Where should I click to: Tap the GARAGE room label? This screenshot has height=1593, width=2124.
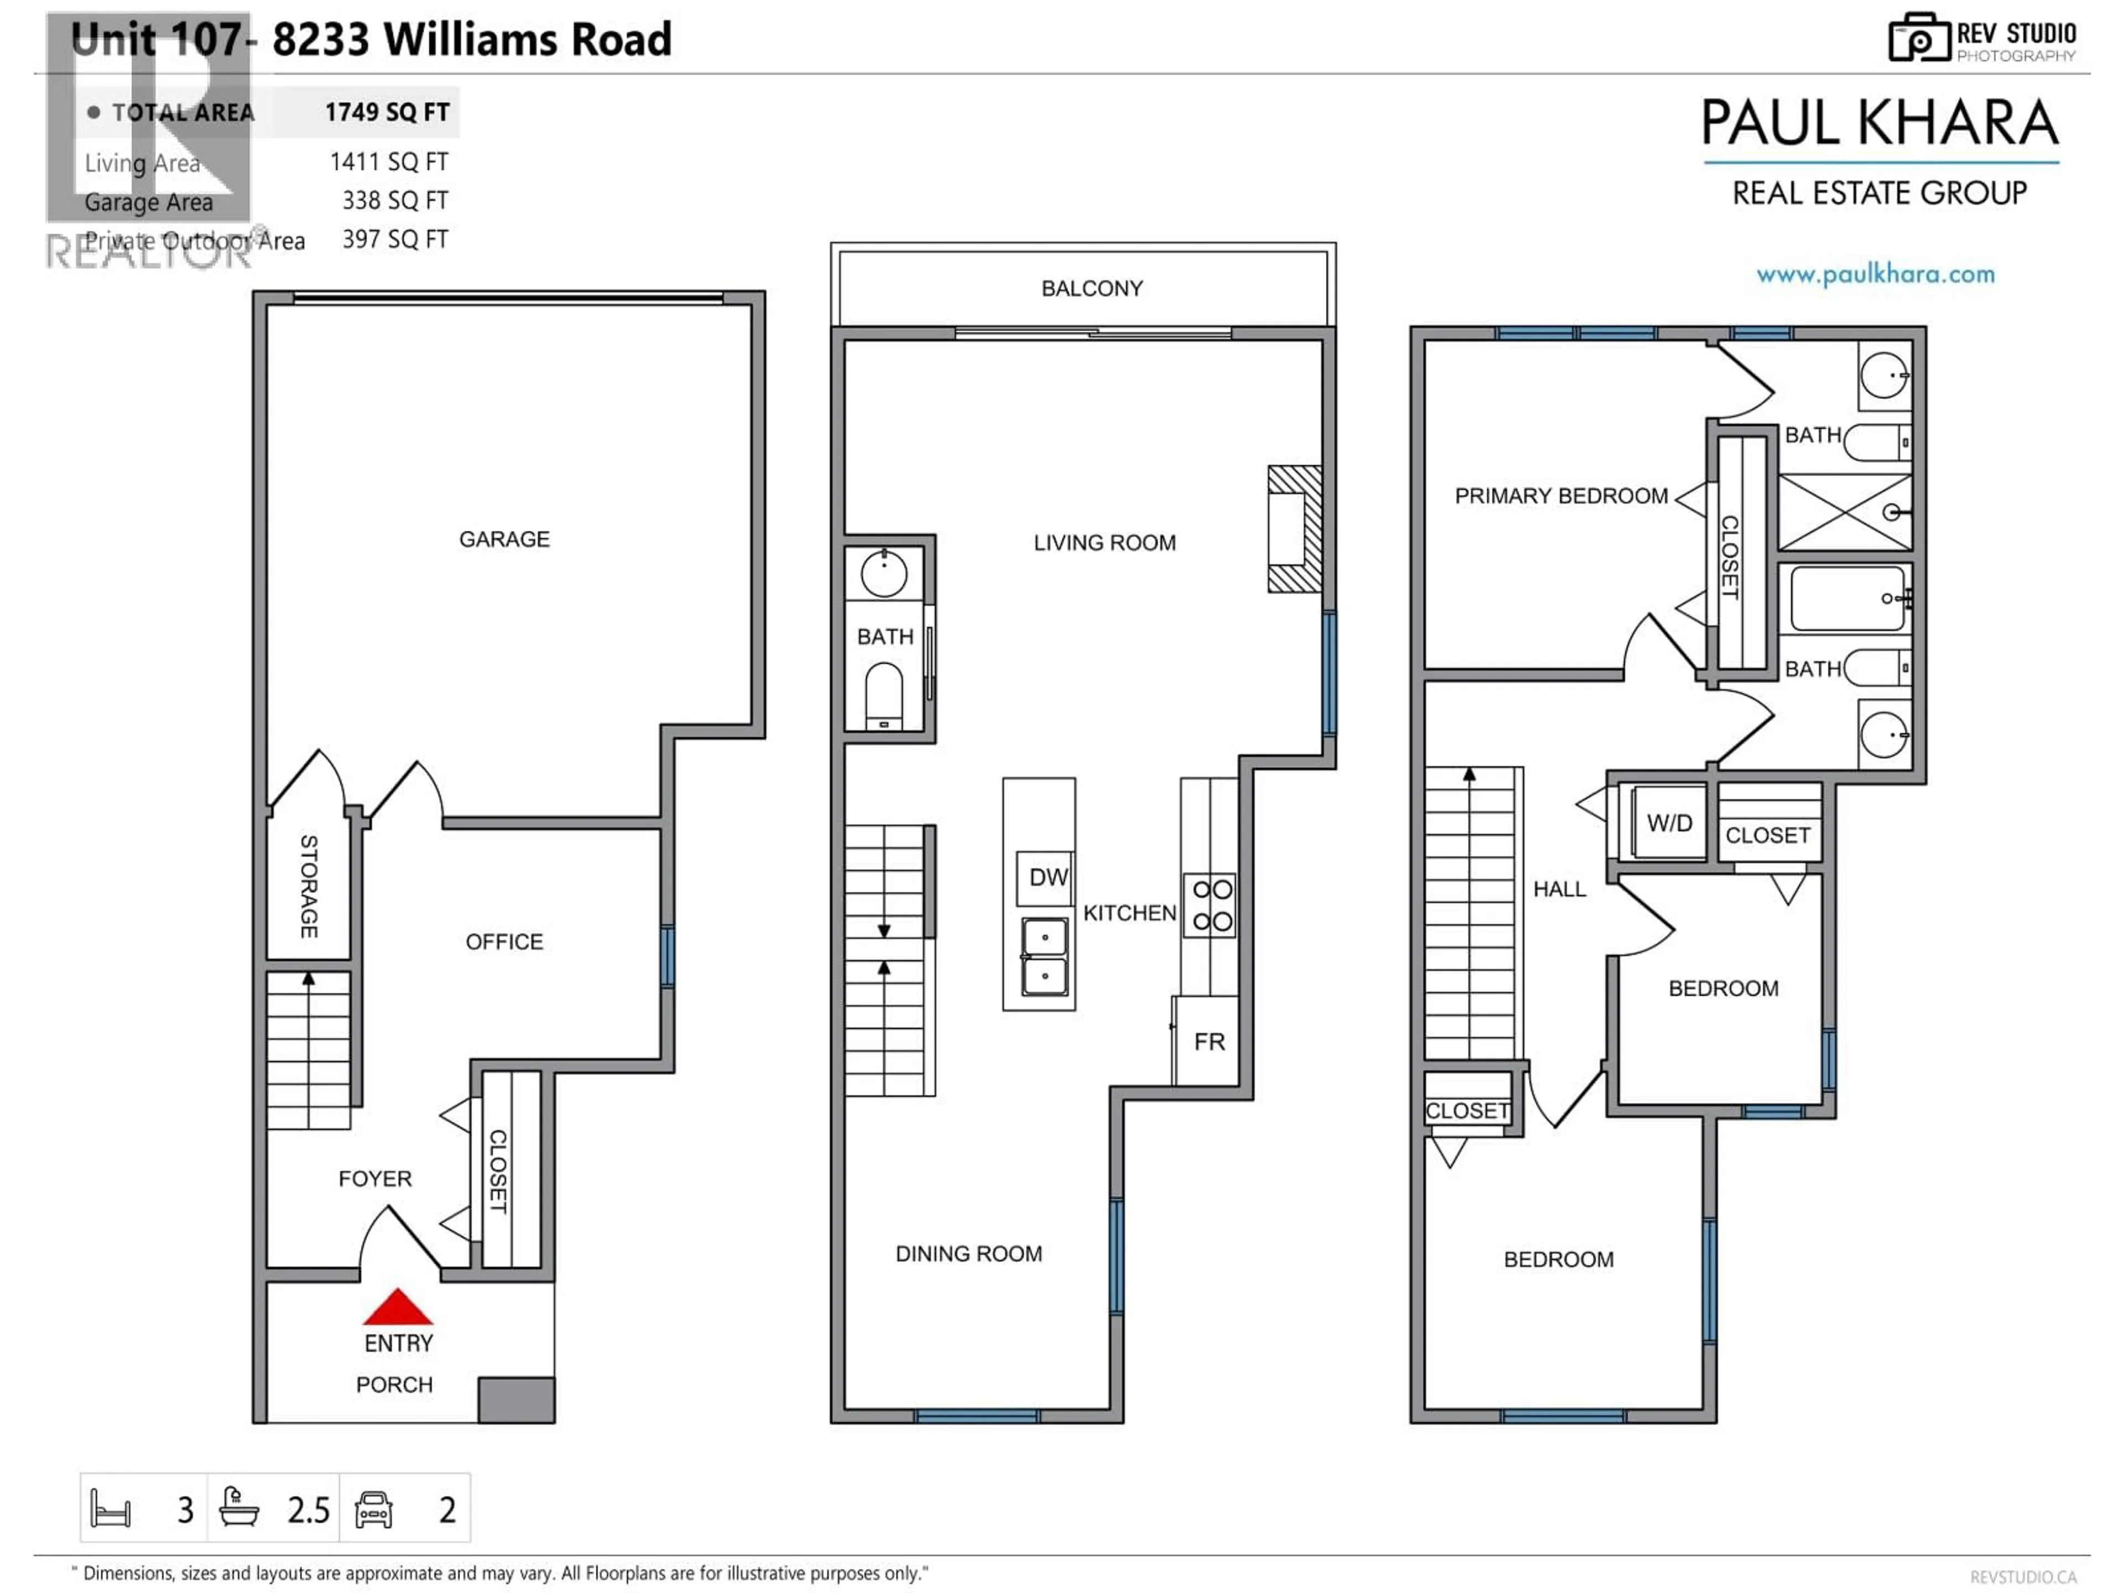[504, 540]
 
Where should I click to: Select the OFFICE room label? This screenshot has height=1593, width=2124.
[504, 942]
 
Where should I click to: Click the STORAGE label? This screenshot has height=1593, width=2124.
[308, 886]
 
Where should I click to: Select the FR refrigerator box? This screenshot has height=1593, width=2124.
[1208, 1042]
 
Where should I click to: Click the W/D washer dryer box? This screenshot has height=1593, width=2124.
[1669, 823]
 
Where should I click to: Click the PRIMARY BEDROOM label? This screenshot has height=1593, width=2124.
[1560, 497]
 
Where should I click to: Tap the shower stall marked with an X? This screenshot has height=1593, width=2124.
[1845, 512]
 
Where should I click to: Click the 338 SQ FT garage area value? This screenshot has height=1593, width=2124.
[394, 201]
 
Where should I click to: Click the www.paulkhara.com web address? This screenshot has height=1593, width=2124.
[1875, 274]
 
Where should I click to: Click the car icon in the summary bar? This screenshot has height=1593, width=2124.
[373, 1509]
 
